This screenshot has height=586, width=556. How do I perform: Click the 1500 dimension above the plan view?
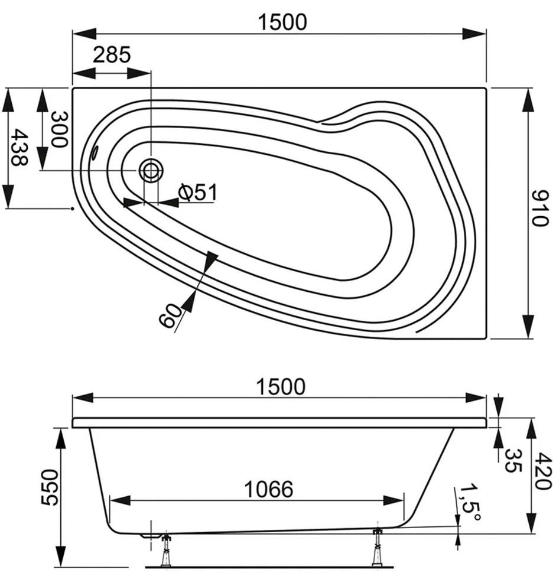(282, 22)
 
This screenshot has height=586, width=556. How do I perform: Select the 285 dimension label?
(112, 54)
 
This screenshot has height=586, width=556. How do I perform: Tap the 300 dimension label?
(59, 129)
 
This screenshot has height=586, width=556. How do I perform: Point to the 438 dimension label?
(19, 147)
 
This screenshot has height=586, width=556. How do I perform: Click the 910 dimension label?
(539, 208)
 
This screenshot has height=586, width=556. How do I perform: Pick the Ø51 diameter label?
(198, 192)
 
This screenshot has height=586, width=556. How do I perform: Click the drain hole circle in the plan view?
(151, 170)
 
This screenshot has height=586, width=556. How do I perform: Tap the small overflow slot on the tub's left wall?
(95, 152)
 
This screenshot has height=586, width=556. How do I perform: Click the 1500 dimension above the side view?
(281, 386)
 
